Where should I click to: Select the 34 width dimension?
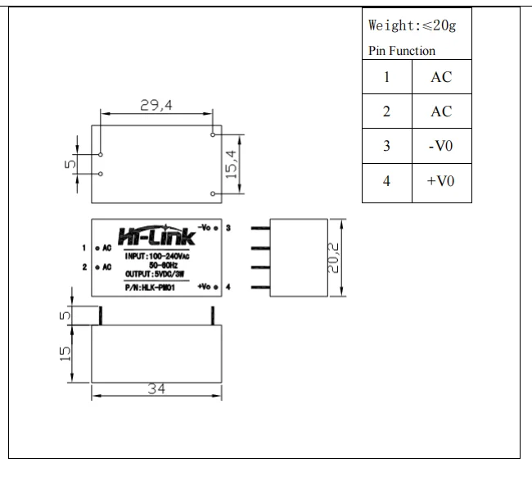coord(156,389)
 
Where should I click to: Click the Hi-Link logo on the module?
coord(157,237)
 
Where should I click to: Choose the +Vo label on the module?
coord(205,287)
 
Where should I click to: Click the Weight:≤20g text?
coord(413,25)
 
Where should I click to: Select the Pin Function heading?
coord(402,51)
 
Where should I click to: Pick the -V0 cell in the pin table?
coord(441,147)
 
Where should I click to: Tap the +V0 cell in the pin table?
coord(441,181)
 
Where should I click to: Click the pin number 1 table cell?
coord(386,78)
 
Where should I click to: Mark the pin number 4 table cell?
coord(386,181)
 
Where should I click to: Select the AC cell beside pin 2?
coord(441,112)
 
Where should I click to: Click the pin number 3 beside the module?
coord(228,226)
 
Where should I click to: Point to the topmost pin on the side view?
coord(259,229)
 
